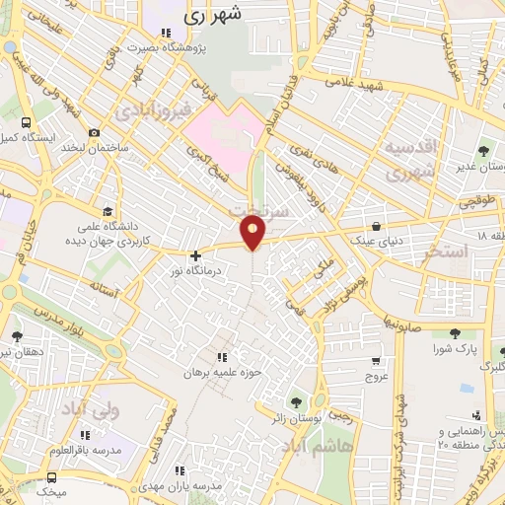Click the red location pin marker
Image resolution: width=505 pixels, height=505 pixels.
[x=253, y=232]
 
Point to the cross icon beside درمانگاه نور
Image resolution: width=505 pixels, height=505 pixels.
[x=195, y=255]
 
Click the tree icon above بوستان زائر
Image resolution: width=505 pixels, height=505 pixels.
[x=295, y=401]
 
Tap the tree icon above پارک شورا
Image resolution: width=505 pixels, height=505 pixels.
[x=455, y=333]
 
